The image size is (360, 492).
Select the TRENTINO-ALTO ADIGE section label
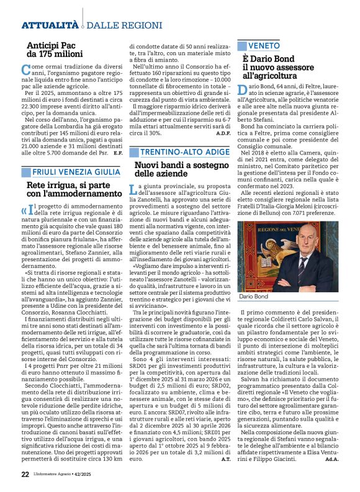coord(180,151)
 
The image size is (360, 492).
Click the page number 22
coord(25,475)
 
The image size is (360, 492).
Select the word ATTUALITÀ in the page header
coord(49,25)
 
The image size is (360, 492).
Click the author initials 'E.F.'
coord(117,152)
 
